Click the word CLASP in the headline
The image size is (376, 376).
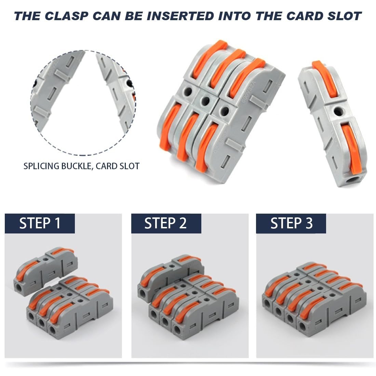[x=66, y=16]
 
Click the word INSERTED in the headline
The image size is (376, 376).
[x=181, y=16]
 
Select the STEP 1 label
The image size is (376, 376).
[x=40, y=223]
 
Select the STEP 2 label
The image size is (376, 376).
[x=166, y=223]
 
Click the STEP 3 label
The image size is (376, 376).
[x=291, y=223]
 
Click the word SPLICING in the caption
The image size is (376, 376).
[x=41, y=166]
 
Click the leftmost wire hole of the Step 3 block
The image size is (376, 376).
[x=267, y=303]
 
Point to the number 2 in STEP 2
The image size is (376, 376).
[x=183, y=223]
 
